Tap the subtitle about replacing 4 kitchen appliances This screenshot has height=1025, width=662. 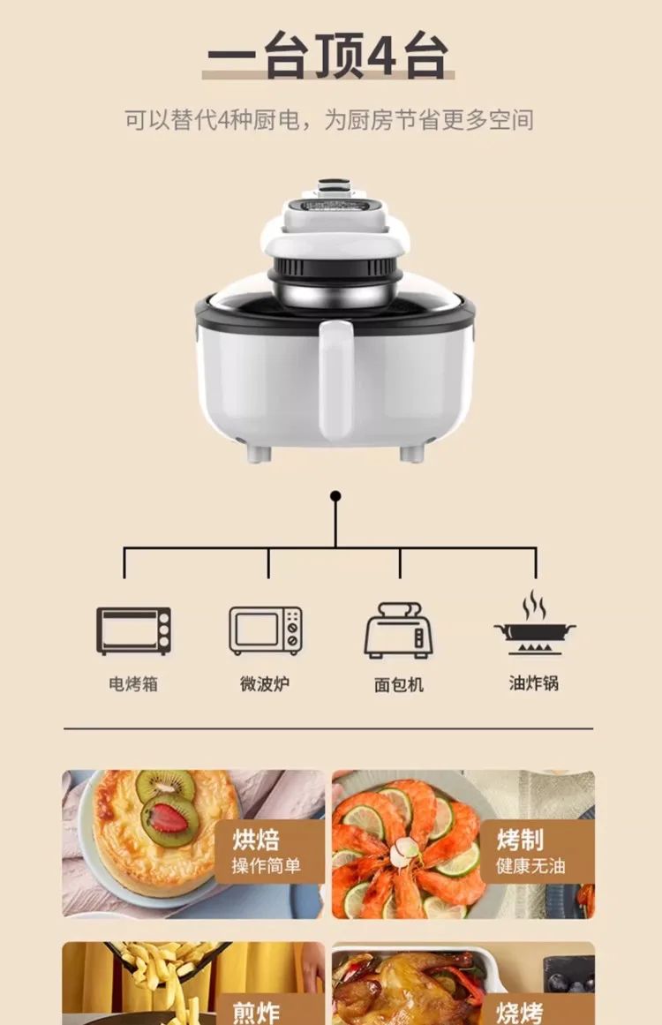pyautogui.click(x=328, y=120)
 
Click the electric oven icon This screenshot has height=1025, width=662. pyautogui.click(x=133, y=630)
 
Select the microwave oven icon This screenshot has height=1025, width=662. pyautogui.click(x=266, y=630)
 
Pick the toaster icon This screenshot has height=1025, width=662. pyautogui.click(x=399, y=630)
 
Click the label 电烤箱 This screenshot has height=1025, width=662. pyautogui.click(x=133, y=684)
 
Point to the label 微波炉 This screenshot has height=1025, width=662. pyautogui.click(x=265, y=684)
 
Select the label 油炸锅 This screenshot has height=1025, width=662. pyautogui.click(x=534, y=683)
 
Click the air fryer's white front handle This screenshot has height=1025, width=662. pyautogui.click(x=335, y=380)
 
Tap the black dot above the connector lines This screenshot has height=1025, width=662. pyautogui.click(x=335, y=496)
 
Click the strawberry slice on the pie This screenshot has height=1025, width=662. pyautogui.click(x=168, y=818)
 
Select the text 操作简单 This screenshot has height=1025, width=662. pyautogui.click(x=266, y=866)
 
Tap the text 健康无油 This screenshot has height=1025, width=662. pyautogui.click(x=530, y=866)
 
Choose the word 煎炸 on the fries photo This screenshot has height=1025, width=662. pyautogui.click(x=256, y=1011)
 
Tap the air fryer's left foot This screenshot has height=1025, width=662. pyautogui.click(x=257, y=454)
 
